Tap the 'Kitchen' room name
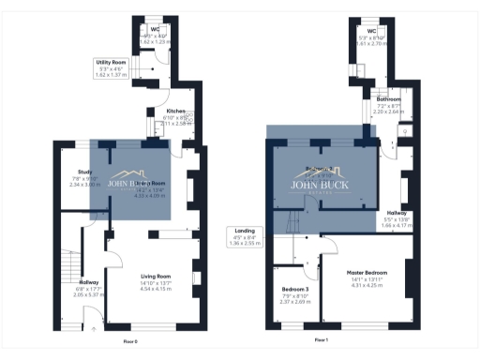(175, 111)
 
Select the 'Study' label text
(83, 172)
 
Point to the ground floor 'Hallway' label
(89, 282)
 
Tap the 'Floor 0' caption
(130, 341)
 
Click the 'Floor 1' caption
(320, 339)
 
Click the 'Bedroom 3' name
(294, 289)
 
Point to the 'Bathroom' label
(389, 98)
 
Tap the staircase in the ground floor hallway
(67, 266)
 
